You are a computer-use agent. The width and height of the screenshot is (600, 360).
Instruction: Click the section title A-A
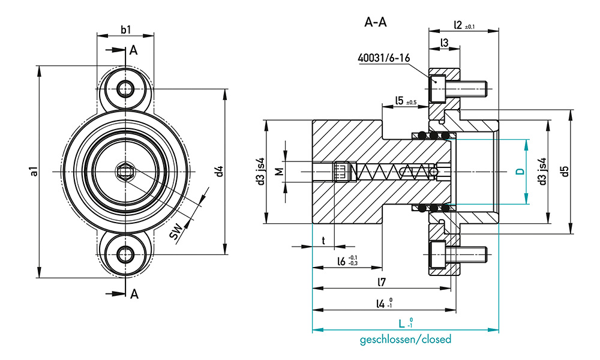point(376,22)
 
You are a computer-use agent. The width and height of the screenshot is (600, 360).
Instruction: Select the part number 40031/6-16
point(384,58)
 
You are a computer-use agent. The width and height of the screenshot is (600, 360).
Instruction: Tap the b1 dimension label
point(126,29)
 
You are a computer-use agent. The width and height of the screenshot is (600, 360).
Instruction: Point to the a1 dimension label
point(34,172)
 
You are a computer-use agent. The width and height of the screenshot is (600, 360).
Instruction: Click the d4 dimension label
point(219,171)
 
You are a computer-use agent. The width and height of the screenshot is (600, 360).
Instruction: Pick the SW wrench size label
point(176,232)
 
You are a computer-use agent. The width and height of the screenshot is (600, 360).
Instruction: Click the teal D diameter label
point(520,172)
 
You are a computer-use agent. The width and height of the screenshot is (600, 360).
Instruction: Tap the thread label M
point(280,172)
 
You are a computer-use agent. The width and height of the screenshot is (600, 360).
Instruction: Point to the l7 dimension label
point(382,282)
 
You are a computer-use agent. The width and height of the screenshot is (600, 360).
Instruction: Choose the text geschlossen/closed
point(406,340)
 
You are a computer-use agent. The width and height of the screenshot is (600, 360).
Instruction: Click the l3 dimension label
point(444,43)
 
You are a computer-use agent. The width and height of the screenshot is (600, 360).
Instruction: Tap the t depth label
point(323,241)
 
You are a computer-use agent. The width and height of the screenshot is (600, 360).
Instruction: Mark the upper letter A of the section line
point(133,50)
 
